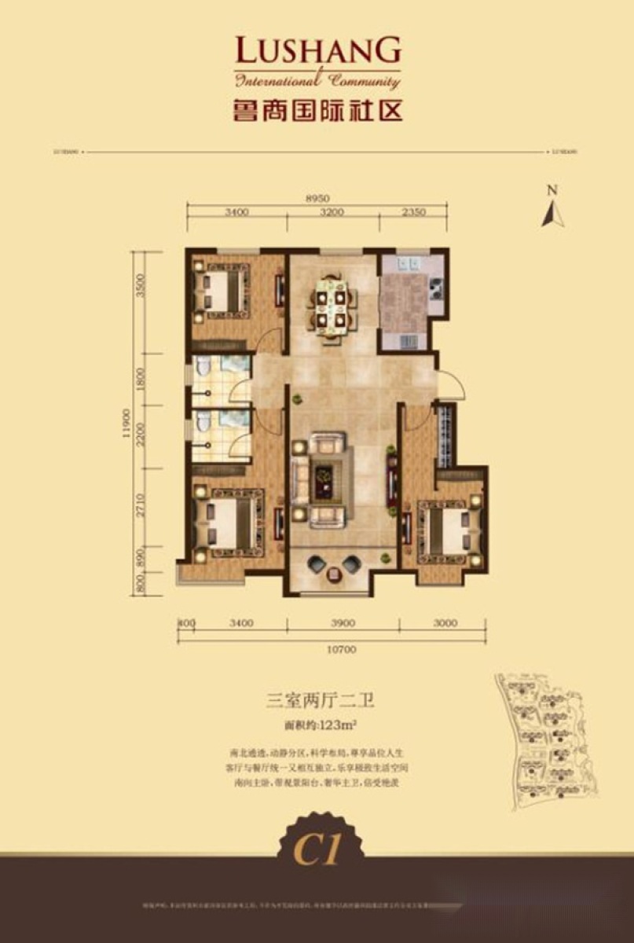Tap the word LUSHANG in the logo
pyautogui.click(x=318, y=53)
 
